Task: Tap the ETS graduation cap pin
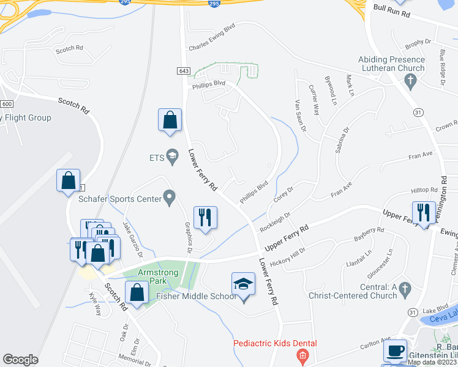[172, 157]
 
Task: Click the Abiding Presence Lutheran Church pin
[412, 80]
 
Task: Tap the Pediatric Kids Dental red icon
[301, 355]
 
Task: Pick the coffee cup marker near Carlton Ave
[395, 351]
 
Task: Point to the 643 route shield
[184, 71]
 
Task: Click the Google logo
[20, 360]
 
